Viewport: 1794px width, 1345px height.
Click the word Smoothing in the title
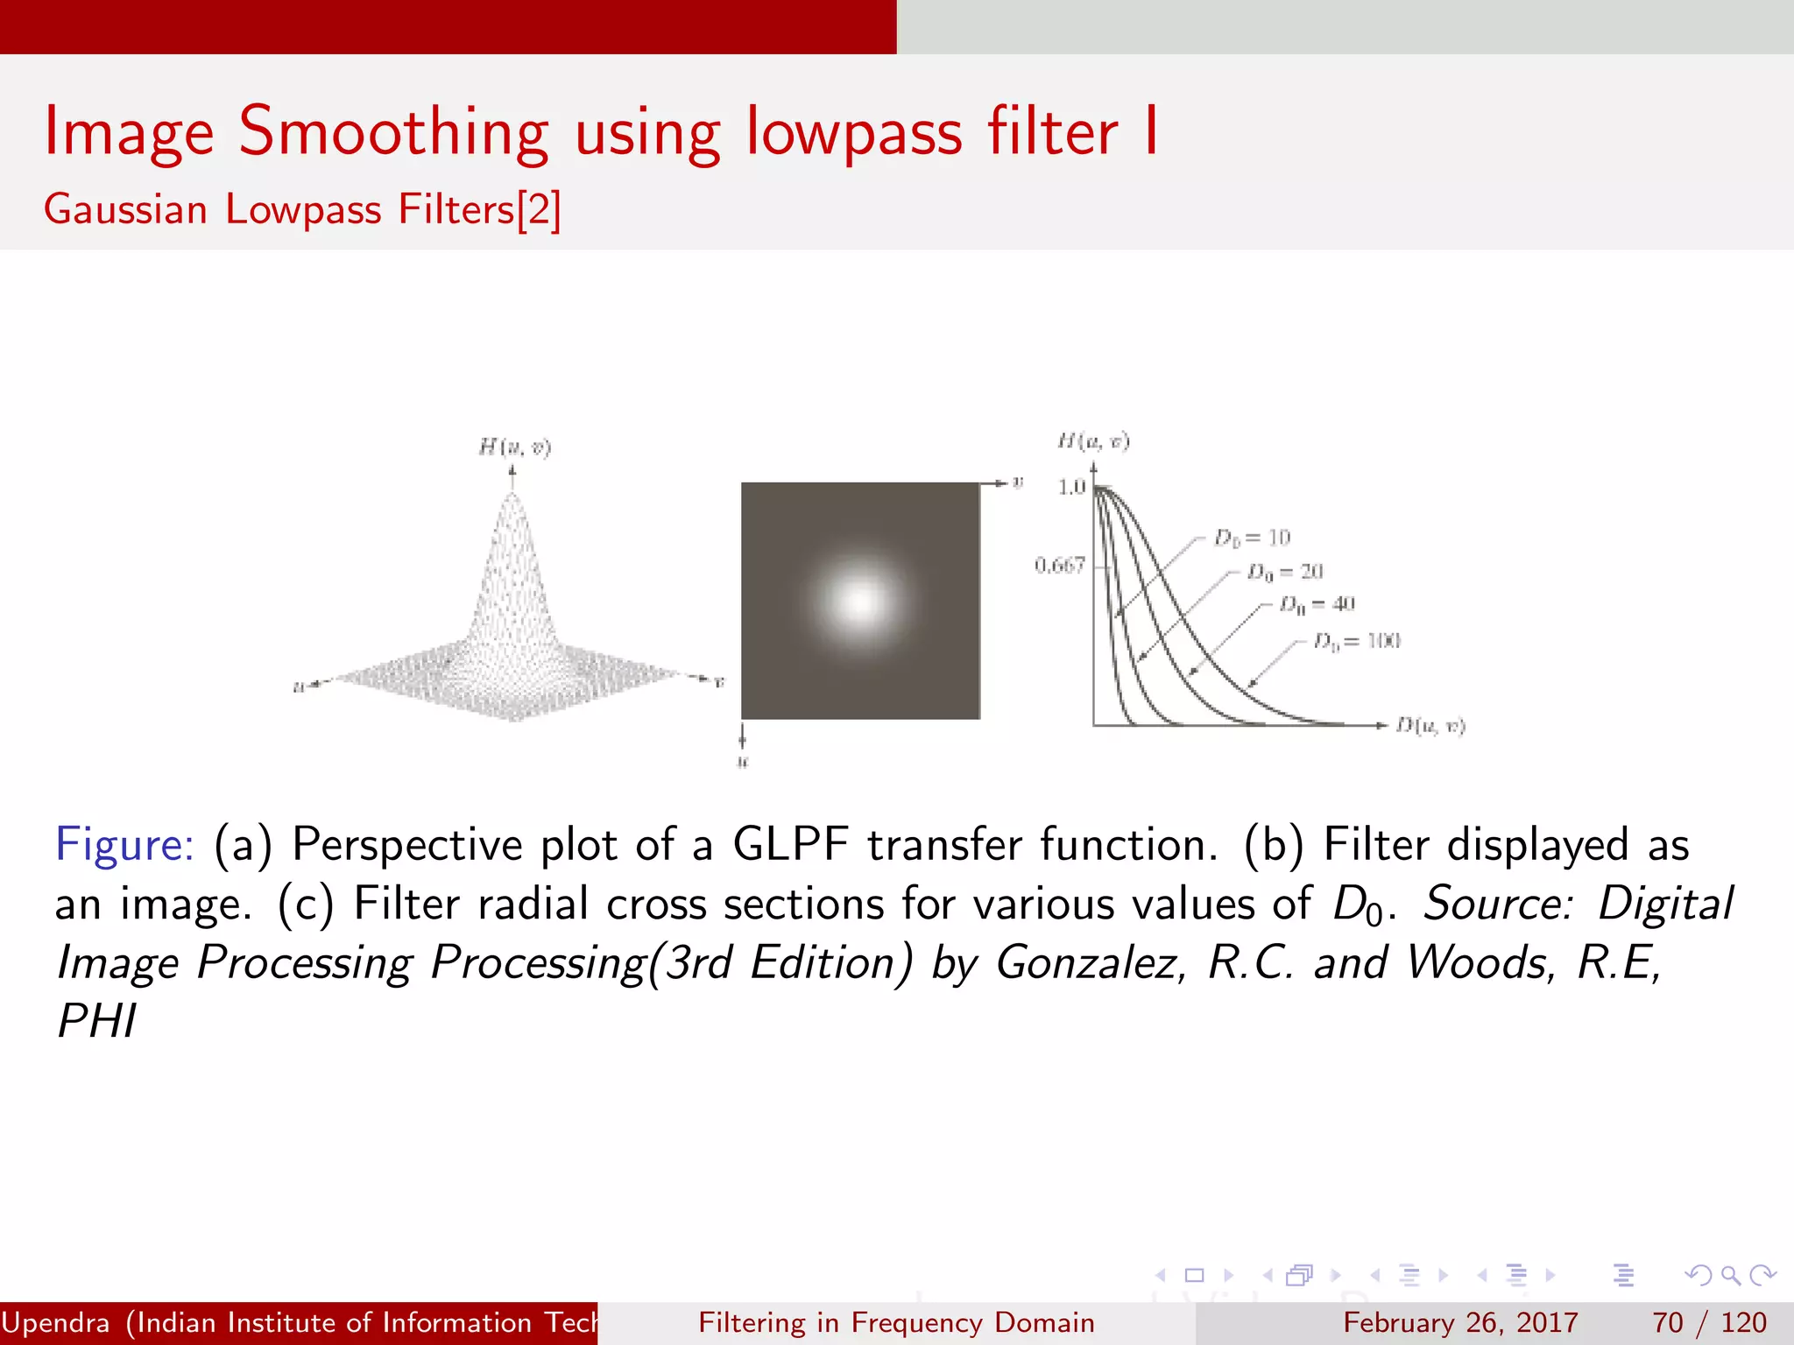393,133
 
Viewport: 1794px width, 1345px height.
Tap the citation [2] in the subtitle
539,210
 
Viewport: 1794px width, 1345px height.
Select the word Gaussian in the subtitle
125,210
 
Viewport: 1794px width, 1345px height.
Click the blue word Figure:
124,845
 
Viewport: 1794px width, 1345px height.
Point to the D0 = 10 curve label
1252,538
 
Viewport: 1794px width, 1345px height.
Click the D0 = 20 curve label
1285,572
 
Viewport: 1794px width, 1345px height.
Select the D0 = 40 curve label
1317,604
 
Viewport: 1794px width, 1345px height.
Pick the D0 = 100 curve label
1357,642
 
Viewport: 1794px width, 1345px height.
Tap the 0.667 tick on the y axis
1059,566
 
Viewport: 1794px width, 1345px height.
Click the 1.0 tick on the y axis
1070,487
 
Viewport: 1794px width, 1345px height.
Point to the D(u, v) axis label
1430,725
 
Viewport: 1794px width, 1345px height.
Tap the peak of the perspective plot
512,497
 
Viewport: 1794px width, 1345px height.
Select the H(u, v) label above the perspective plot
514,447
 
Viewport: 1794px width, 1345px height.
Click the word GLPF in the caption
790,845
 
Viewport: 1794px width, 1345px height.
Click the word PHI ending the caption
96,1021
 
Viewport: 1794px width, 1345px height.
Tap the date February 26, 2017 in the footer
1460,1322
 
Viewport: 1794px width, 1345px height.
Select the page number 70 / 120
1708,1322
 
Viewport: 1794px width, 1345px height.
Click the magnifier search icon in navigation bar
1730,1275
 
